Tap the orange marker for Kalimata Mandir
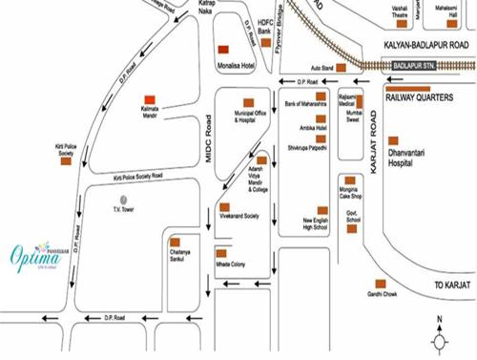[x=150, y=98]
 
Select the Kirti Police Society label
[x=66, y=149]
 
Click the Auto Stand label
[x=322, y=69]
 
